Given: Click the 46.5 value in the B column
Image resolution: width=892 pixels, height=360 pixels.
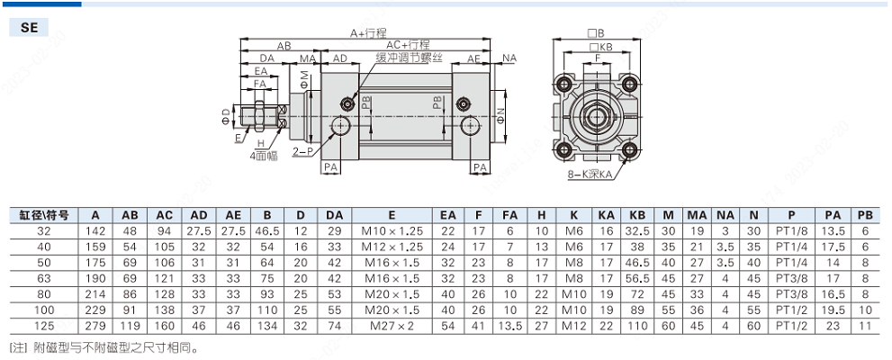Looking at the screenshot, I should point(266,231).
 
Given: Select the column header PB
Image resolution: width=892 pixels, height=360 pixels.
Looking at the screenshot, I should point(865,216).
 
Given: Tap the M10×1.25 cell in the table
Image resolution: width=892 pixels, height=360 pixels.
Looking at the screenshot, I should point(392,231).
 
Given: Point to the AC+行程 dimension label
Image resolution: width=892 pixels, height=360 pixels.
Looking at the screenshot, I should point(408,44).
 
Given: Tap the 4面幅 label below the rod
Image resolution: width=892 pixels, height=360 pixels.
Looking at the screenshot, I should point(265,155).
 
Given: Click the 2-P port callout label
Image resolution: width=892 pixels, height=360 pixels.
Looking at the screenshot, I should point(302,151).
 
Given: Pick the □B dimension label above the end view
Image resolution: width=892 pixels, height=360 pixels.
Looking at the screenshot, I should point(599,32).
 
